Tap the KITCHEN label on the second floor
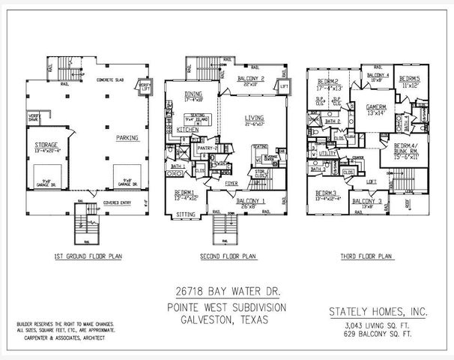[189, 129]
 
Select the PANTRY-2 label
[205, 148]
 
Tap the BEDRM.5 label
[409, 79]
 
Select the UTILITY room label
[327, 151]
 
